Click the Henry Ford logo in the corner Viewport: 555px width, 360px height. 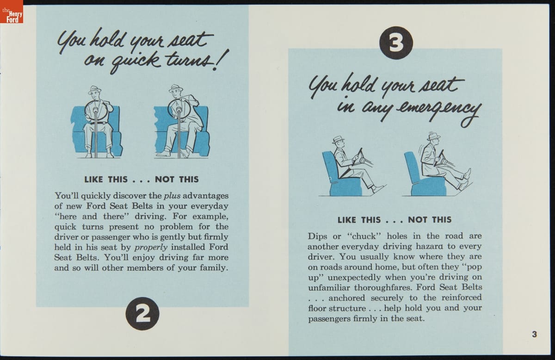(12, 12)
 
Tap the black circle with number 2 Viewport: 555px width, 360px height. (142, 314)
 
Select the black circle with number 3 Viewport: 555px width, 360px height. (396, 43)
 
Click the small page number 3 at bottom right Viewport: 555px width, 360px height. (535, 334)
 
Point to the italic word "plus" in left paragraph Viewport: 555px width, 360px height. (172, 196)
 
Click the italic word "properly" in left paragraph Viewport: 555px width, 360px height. (151, 247)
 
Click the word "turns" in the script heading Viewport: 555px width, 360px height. (189, 60)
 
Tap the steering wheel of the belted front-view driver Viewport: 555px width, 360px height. (96, 111)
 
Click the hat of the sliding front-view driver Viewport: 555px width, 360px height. (176, 88)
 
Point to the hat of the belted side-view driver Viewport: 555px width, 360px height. (338, 140)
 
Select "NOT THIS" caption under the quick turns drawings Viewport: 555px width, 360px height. (177, 179)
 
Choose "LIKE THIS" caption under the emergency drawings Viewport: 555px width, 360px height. (359, 220)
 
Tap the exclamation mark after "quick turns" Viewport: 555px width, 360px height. (220, 60)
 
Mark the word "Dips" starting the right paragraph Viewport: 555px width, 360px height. (318, 236)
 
